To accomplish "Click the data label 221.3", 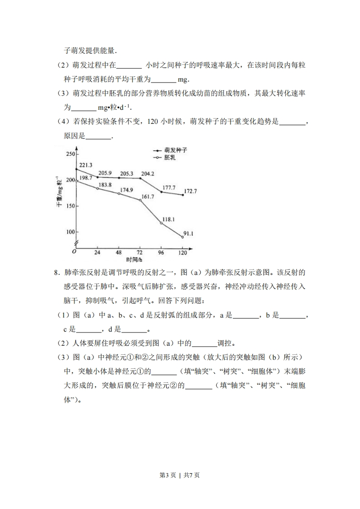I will coord(86,165).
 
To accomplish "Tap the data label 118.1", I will coord(168,220).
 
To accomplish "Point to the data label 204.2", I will coord(148,173).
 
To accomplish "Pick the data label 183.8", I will coord(105,184).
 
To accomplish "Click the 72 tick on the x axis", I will coord(140,253).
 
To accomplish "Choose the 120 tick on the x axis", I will coord(183,253).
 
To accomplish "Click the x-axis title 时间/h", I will coord(134,259).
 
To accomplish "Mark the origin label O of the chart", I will coord(74,252).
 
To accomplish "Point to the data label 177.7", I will coord(169,187).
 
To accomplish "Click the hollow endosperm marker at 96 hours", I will coord(162,223).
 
